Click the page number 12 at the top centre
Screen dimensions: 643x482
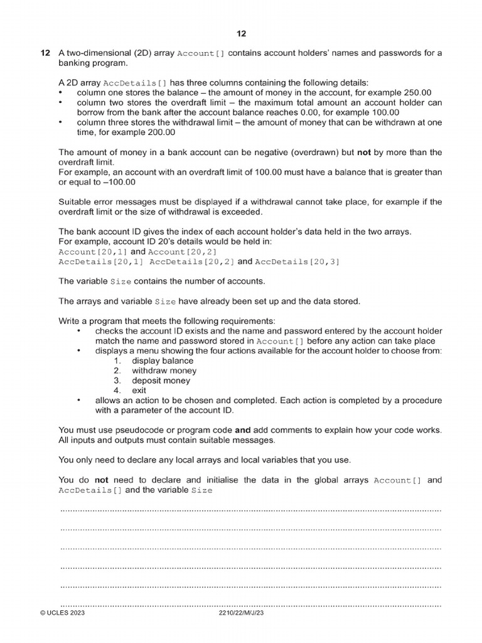pos(241,33)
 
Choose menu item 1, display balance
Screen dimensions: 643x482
pos(162,361)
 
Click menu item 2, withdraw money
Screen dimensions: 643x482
pos(164,371)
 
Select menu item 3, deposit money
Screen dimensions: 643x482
pos(161,381)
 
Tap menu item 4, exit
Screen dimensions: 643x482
pos(139,391)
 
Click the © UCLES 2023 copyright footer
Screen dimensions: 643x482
pos(62,613)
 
